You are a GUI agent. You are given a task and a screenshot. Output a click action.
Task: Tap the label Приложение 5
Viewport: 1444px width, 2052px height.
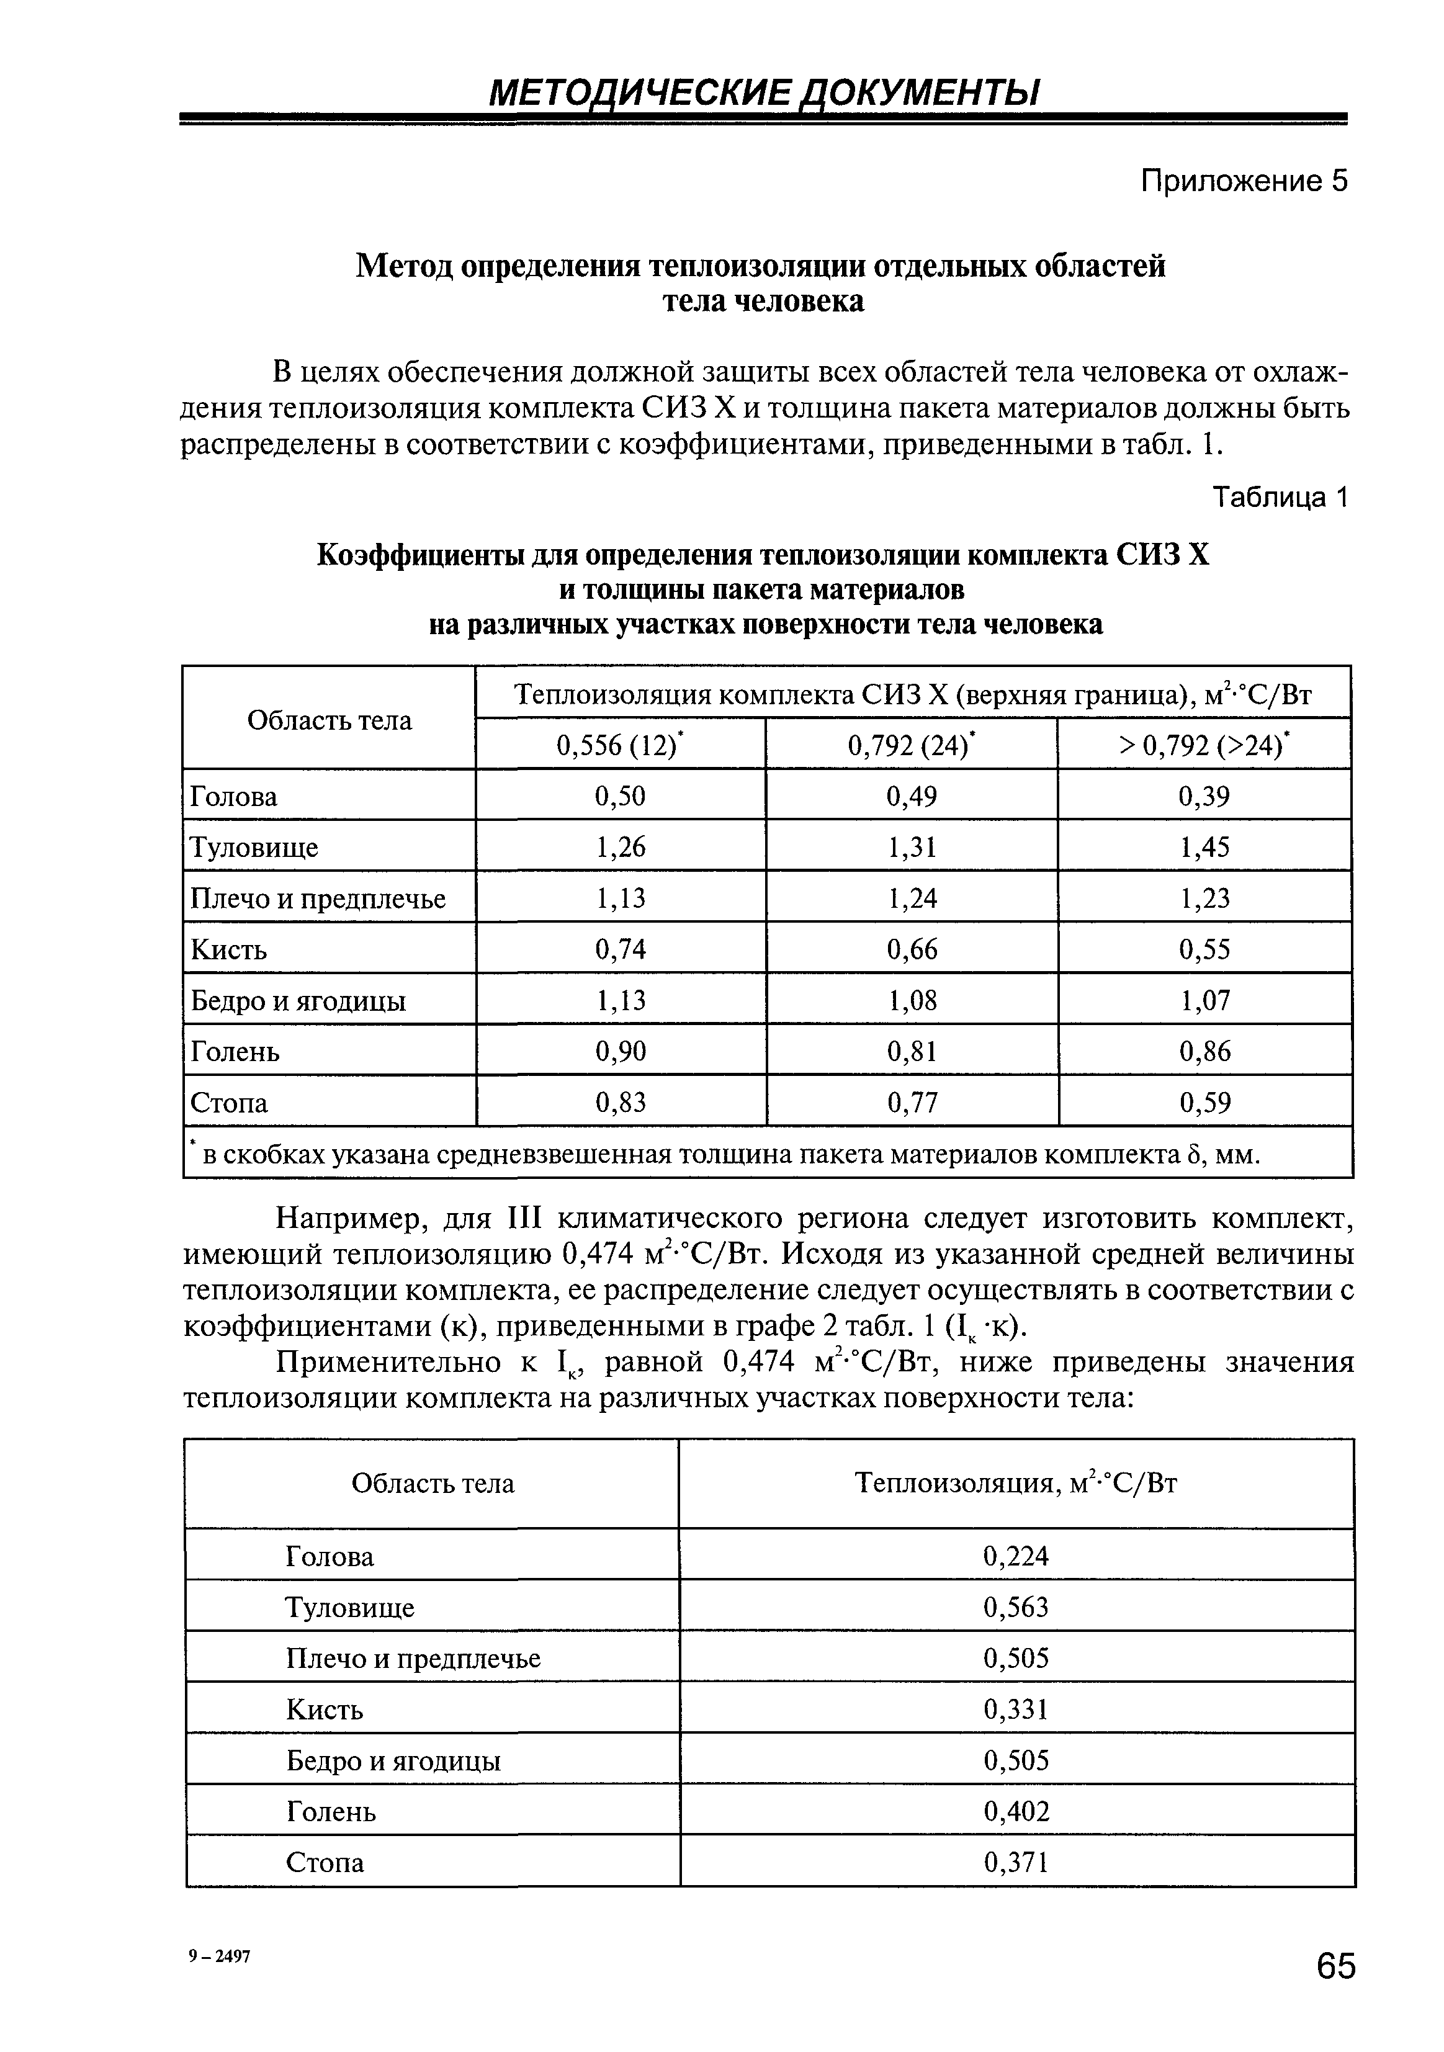click(x=1243, y=181)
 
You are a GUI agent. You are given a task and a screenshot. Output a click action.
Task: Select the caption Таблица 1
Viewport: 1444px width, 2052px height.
click(x=1278, y=498)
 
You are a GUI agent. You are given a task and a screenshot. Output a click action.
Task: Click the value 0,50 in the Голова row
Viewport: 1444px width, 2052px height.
click(x=619, y=796)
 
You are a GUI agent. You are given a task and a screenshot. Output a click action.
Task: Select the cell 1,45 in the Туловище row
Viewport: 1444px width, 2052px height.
click(x=1204, y=847)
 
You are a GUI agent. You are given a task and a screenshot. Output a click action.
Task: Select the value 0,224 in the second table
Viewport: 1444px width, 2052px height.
click(x=1015, y=1557)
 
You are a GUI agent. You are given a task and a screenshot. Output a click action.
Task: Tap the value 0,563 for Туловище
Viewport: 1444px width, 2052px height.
click(x=1015, y=1608)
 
